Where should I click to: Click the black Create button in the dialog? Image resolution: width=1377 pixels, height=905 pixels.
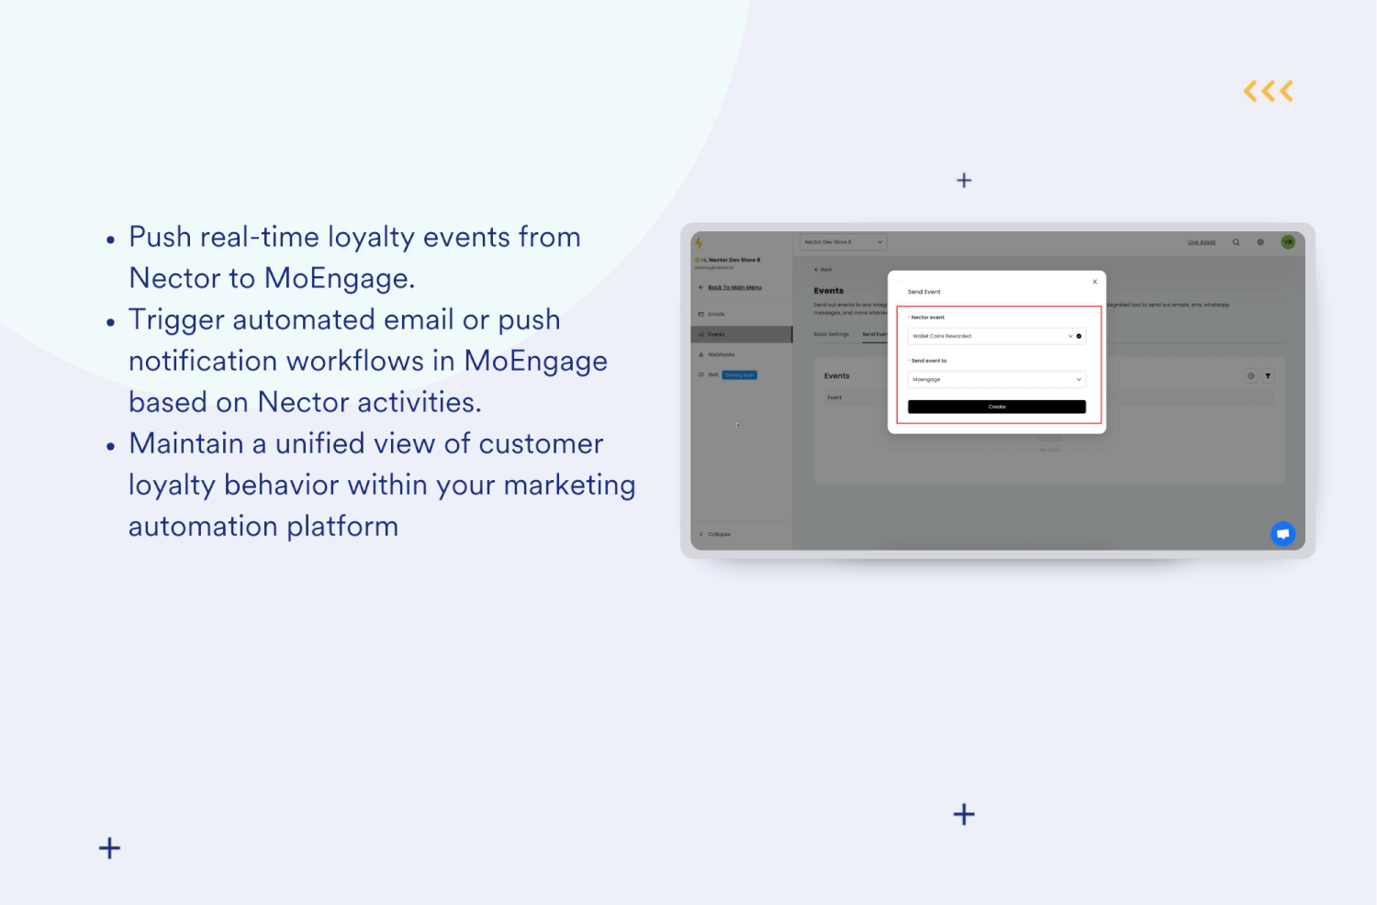click(996, 407)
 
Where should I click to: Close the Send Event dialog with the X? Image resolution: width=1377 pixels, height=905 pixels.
click(1094, 282)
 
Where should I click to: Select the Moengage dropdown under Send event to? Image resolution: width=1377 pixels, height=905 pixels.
click(996, 379)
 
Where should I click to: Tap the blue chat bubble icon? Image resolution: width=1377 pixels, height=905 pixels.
click(1282, 533)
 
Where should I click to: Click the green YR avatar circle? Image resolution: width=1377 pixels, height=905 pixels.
click(1288, 242)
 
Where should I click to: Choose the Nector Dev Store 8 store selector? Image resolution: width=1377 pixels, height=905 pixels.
click(843, 242)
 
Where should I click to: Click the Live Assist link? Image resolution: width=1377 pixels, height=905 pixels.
click(1201, 242)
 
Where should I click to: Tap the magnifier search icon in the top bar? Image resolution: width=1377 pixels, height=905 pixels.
click(1236, 242)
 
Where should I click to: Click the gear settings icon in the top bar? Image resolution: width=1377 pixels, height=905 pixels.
click(1260, 242)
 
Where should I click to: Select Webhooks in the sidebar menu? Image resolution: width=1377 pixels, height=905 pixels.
click(721, 354)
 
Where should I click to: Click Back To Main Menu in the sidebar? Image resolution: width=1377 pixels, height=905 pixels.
click(734, 287)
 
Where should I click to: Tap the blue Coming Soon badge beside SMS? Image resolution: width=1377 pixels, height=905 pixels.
click(739, 374)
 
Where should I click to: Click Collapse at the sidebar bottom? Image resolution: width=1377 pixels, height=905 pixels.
click(718, 534)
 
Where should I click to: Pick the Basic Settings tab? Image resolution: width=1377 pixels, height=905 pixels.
click(831, 334)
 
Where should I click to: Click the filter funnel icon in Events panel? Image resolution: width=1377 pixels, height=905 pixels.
click(1268, 375)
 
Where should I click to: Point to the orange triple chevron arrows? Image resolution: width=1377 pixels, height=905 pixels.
click(1268, 91)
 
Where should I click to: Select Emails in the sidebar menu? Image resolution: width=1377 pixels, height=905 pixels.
click(716, 314)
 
